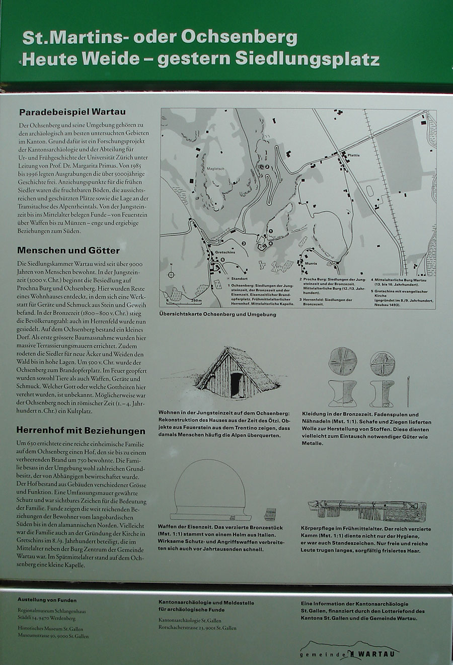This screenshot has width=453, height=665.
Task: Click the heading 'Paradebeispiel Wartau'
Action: [72, 112]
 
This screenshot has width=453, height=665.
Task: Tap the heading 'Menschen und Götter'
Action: [68, 251]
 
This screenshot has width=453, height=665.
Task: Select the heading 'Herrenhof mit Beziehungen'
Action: [81, 431]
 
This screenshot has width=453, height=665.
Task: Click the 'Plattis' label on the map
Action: [353, 155]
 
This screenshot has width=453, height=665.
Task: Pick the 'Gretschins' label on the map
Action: [225, 253]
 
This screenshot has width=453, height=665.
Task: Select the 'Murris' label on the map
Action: [311, 263]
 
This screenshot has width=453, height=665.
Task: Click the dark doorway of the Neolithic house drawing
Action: [236, 384]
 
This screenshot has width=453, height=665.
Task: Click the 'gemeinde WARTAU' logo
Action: [347, 652]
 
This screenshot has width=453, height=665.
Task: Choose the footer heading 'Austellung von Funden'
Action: [47, 600]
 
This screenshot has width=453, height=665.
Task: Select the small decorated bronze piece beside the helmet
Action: [271, 514]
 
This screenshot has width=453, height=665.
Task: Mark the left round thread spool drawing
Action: [342, 363]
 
